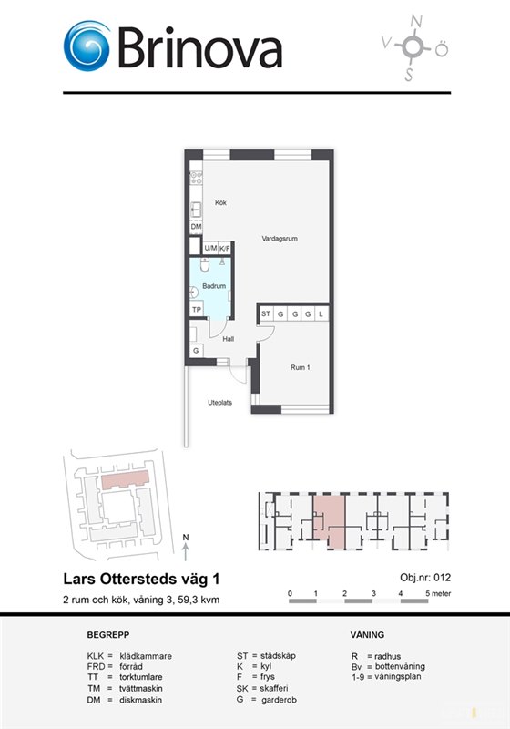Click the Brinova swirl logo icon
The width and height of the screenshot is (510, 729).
coord(87,46)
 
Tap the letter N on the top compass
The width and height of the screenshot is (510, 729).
coord(416,21)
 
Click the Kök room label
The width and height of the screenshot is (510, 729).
coord(220,202)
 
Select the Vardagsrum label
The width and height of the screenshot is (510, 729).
coord(280,239)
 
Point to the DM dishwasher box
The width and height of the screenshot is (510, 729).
coord(196,226)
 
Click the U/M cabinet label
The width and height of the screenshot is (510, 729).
coord(210,248)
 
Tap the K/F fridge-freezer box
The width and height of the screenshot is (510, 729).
coord(225,248)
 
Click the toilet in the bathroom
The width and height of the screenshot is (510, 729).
coord(205,264)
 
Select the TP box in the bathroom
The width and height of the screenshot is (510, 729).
coord(197,309)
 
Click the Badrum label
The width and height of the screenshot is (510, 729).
coord(214,286)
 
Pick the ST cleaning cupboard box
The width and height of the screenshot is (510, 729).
coord(266,313)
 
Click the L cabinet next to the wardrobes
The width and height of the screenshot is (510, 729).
coord(321,313)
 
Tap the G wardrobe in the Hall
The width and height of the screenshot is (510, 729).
coord(196,351)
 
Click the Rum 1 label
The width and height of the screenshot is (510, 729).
coord(300,367)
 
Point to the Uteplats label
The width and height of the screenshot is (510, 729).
coord(219,403)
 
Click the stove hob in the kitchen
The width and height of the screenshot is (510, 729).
coord(196,178)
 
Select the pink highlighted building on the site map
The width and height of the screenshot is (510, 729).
coord(126,479)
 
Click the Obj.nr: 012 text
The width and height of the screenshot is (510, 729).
coord(425,578)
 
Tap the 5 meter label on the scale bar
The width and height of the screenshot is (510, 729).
coord(438,593)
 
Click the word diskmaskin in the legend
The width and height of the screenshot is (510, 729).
coord(141,700)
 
